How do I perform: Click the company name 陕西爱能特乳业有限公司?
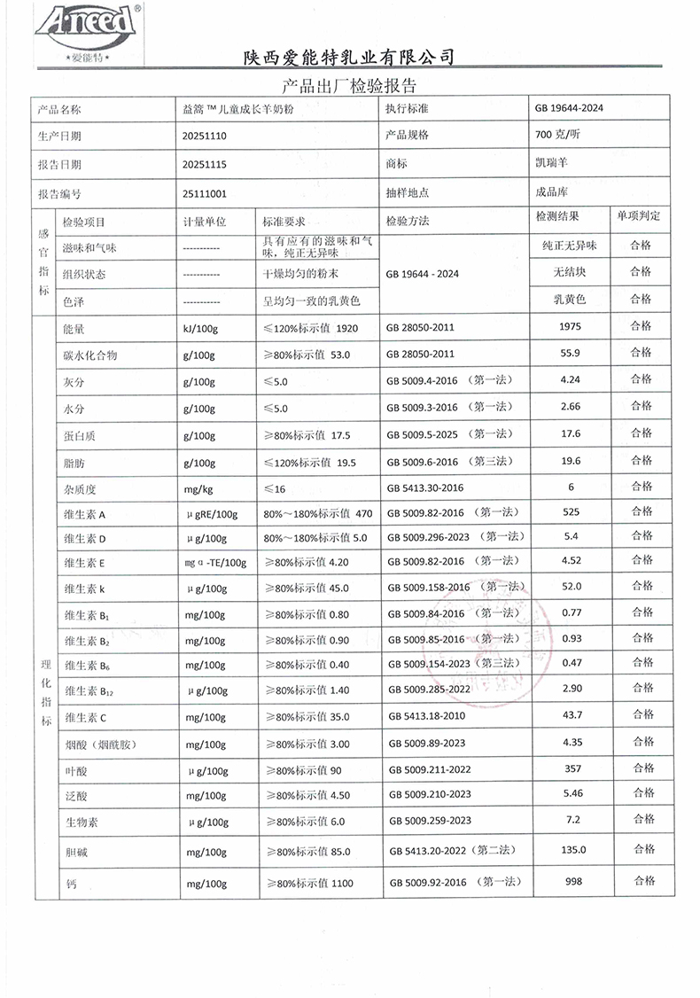pyautogui.click(x=349, y=57)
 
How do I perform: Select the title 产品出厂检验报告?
pyautogui.click(x=348, y=86)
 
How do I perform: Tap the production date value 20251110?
pyautogui.click(x=205, y=136)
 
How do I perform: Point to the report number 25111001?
pyautogui.click(x=205, y=193)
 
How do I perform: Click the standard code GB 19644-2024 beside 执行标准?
pyautogui.click(x=569, y=108)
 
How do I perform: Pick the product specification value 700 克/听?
pyautogui.click(x=557, y=136)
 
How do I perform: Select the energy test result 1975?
pyautogui.click(x=571, y=328)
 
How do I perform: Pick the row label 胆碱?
pyautogui.click(x=74, y=851)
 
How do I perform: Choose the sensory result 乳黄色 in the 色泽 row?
pyautogui.click(x=570, y=300)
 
